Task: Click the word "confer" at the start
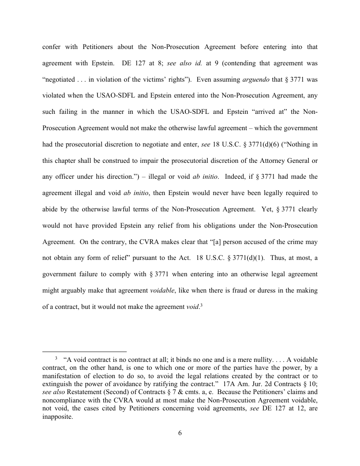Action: point(52,47)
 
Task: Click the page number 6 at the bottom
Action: point(180,432)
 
